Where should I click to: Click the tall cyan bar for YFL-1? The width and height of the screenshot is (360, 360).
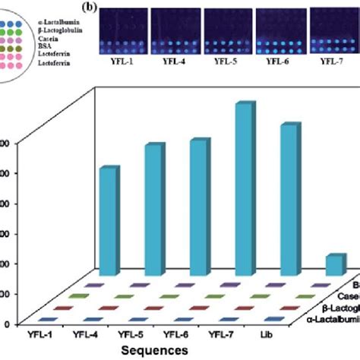click(x=109, y=220)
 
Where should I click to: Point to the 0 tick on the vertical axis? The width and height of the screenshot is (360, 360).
click(x=6, y=324)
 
